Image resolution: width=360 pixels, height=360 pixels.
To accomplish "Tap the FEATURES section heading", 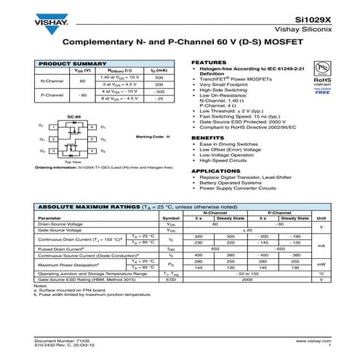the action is (207, 63).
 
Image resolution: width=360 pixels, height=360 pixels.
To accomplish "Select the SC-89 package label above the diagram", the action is (73, 116).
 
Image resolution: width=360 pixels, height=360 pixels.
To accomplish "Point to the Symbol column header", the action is (171, 217).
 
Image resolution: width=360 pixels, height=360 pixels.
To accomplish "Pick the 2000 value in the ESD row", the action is (247, 279).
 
